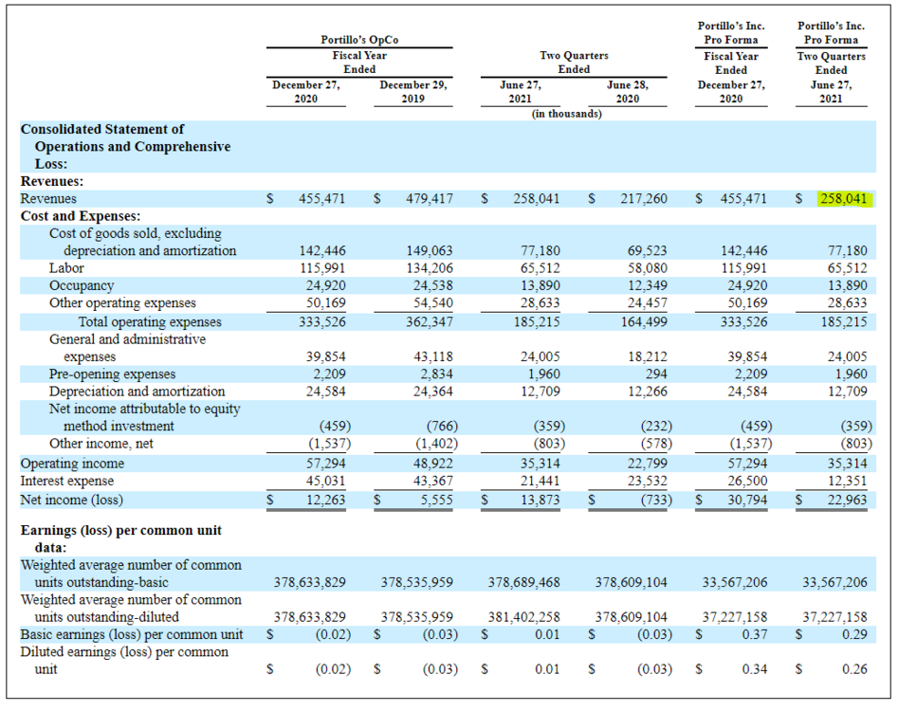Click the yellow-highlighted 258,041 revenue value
pyautogui.click(x=844, y=199)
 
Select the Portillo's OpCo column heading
pyautogui.click(x=359, y=40)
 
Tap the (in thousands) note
pyautogui.click(x=566, y=114)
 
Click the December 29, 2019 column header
pyautogui.click(x=412, y=92)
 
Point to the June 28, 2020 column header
pyautogui.click(x=628, y=92)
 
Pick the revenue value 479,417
pyautogui.click(x=429, y=199)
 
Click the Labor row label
pyautogui.click(x=66, y=268)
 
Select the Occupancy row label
pyautogui.click(x=82, y=285)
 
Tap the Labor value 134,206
pyautogui.click(x=429, y=268)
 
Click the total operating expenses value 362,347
pyautogui.click(x=429, y=321)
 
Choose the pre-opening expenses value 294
pyautogui.click(x=656, y=374)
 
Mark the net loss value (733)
pyautogui.click(x=656, y=500)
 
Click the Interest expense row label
pyautogui.click(x=67, y=481)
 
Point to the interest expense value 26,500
pyautogui.click(x=747, y=481)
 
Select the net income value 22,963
pyautogui.click(x=847, y=500)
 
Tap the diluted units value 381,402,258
pyautogui.click(x=524, y=617)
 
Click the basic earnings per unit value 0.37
pyautogui.click(x=755, y=634)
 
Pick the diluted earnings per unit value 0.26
pyautogui.click(x=854, y=669)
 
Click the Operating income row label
pyautogui.click(x=72, y=464)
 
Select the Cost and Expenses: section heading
pyautogui.click(x=81, y=216)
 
